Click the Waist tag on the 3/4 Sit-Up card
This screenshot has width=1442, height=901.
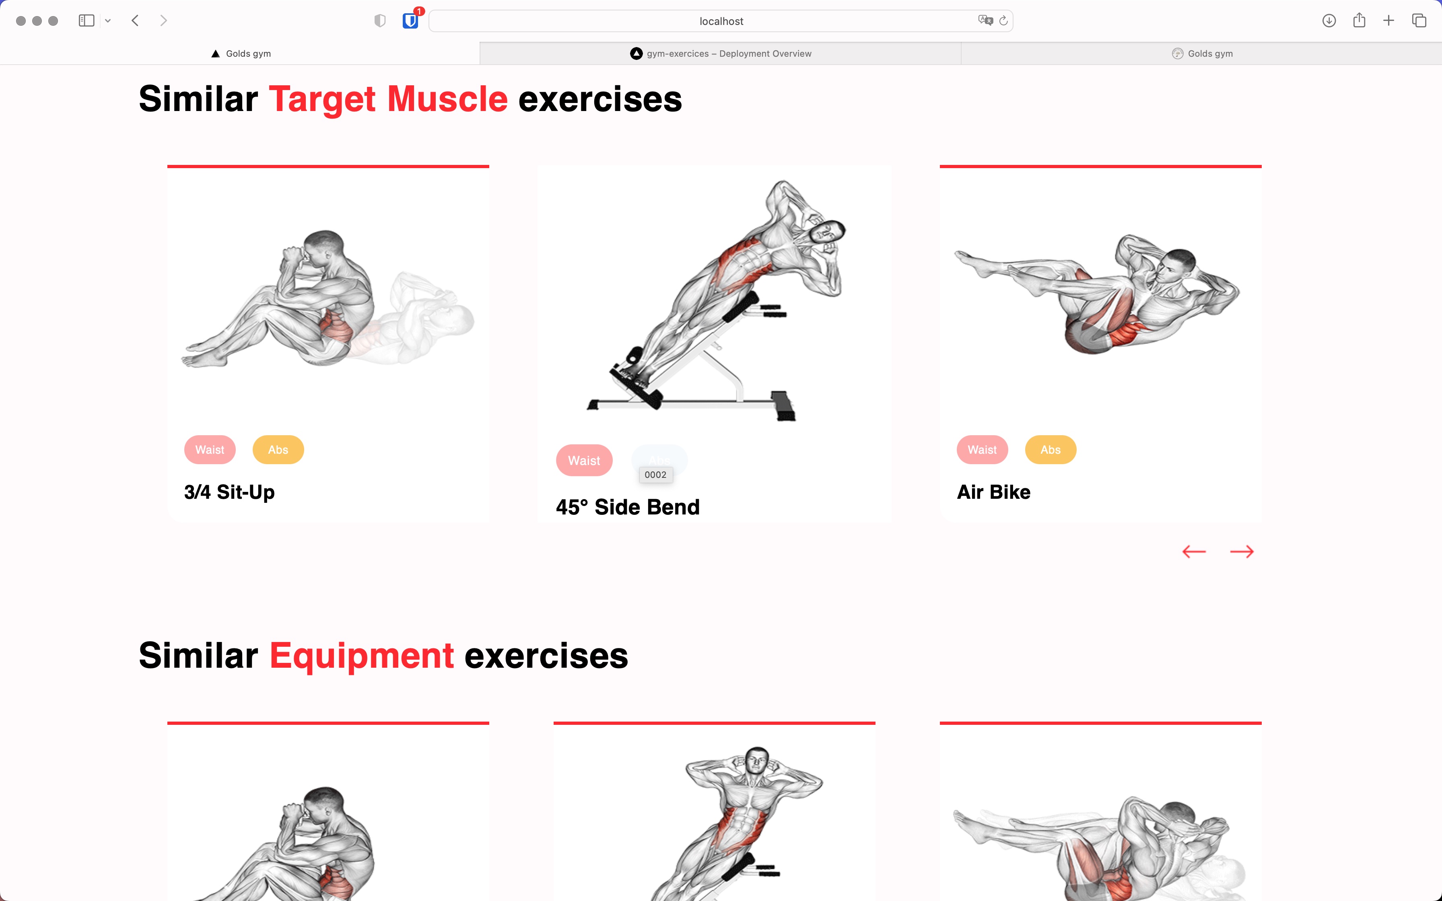pos(210,450)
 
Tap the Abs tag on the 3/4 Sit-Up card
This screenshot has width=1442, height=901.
pos(278,450)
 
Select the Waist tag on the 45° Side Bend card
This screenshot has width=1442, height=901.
pos(584,461)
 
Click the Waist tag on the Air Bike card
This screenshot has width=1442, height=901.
pos(982,450)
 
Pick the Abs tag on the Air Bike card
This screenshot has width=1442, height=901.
pos(1051,450)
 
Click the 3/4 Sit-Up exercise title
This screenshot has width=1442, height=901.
pos(229,492)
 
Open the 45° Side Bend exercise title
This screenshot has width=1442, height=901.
pos(627,507)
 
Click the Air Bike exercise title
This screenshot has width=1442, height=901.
pos(993,492)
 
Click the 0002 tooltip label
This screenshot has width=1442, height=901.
pos(655,475)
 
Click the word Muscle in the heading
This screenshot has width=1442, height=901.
pos(447,99)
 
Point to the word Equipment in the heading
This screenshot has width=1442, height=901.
pos(362,656)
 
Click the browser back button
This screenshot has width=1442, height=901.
pos(135,21)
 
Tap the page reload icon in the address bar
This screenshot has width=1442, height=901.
pos(1003,21)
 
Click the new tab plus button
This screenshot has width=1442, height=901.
pos(1388,21)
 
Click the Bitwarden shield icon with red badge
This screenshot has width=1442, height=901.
pos(410,21)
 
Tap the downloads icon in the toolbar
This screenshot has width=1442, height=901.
pos(1329,21)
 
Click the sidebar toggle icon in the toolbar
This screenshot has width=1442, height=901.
pos(87,21)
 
